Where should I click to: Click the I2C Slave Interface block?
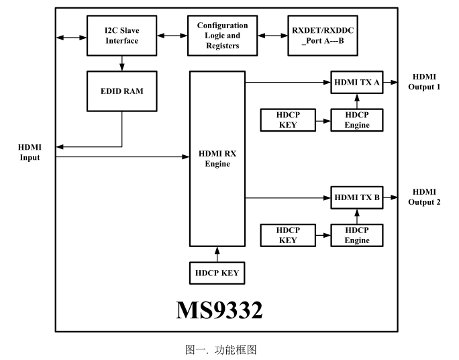coord(121,36)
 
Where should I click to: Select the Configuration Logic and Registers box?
coord(222,36)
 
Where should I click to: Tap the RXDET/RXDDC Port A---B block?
coord(322,36)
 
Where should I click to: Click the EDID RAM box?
coord(121,91)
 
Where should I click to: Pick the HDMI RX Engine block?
coord(217,159)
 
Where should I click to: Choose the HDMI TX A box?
coord(357,83)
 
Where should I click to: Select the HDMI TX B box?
coord(357,197)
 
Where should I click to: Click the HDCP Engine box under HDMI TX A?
coord(357,120)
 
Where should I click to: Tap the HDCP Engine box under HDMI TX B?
coord(357,235)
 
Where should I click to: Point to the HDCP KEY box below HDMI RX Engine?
coord(217,273)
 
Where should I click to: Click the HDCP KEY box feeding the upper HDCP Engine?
coord(288,120)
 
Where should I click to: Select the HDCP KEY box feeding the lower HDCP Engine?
coord(288,235)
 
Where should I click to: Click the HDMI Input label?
coord(30,152)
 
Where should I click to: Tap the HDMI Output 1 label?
coord(424,83)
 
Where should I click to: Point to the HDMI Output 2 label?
coord(424,197)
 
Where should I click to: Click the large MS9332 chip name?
coord(219,310)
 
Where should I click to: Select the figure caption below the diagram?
coord(221,350)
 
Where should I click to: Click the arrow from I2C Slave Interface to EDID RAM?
coord(121,62)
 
